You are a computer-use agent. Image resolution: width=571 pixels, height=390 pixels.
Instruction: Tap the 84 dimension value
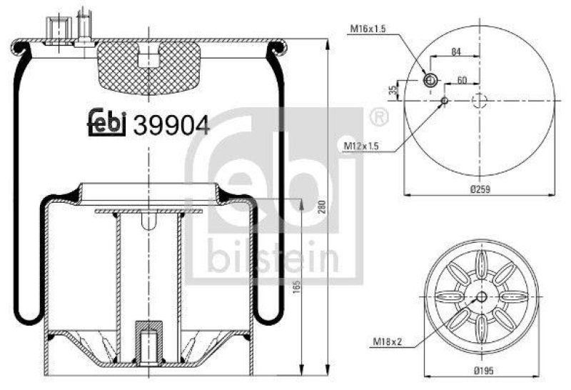pos(455,52)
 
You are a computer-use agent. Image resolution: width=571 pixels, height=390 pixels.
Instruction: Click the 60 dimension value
pos(462,80)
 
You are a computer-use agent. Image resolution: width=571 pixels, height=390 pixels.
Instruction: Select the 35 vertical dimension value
pos(393,90)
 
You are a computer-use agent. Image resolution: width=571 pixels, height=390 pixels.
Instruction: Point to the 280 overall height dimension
pos(322,207)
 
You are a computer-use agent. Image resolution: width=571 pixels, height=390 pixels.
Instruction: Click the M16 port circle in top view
pos(430,81)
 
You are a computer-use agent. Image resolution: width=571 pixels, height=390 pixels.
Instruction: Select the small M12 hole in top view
pos(444,101)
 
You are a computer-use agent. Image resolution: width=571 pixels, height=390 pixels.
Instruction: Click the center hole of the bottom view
pos(480,296)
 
